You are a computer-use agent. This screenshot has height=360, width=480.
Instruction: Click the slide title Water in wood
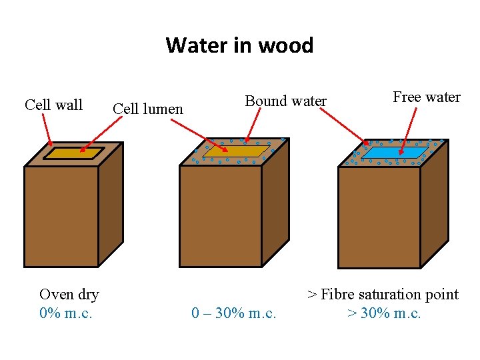pyautogui.click(x=239, y=45)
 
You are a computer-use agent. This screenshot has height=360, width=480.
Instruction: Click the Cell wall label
pyautogui.click(x=53, y=105)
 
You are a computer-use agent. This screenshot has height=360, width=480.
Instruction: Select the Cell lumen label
pyautogui.click(x=148, y=108)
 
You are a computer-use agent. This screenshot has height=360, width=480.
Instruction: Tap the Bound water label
pyautogui.click(x=285, y=101)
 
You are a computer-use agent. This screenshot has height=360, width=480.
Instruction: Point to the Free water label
pyautogui.click(x=427, y=97)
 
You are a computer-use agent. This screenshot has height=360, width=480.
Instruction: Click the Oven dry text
pyautogui.click(x=69, y=294)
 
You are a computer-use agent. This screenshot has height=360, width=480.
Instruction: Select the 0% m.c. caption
pyautogui.click(x=66, y=313)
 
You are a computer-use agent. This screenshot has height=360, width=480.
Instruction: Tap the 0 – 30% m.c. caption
pyautogui.click(x=233, y=313)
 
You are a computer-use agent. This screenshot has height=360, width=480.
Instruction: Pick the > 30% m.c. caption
pyautogui.click(x=384, y=313)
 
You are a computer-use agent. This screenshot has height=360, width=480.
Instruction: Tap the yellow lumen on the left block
pyautogui.click(x=73, y=153)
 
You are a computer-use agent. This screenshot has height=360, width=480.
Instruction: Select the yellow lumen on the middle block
pyautogui.click(x=230, y=152)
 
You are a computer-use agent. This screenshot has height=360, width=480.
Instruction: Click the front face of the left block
pyautogui.click(x=61, y=216)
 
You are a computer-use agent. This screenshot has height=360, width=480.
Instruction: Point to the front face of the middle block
pyautogui.click(x=220, y=216)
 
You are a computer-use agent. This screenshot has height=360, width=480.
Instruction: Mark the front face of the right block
pyautogui.click(x=379, y=217)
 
